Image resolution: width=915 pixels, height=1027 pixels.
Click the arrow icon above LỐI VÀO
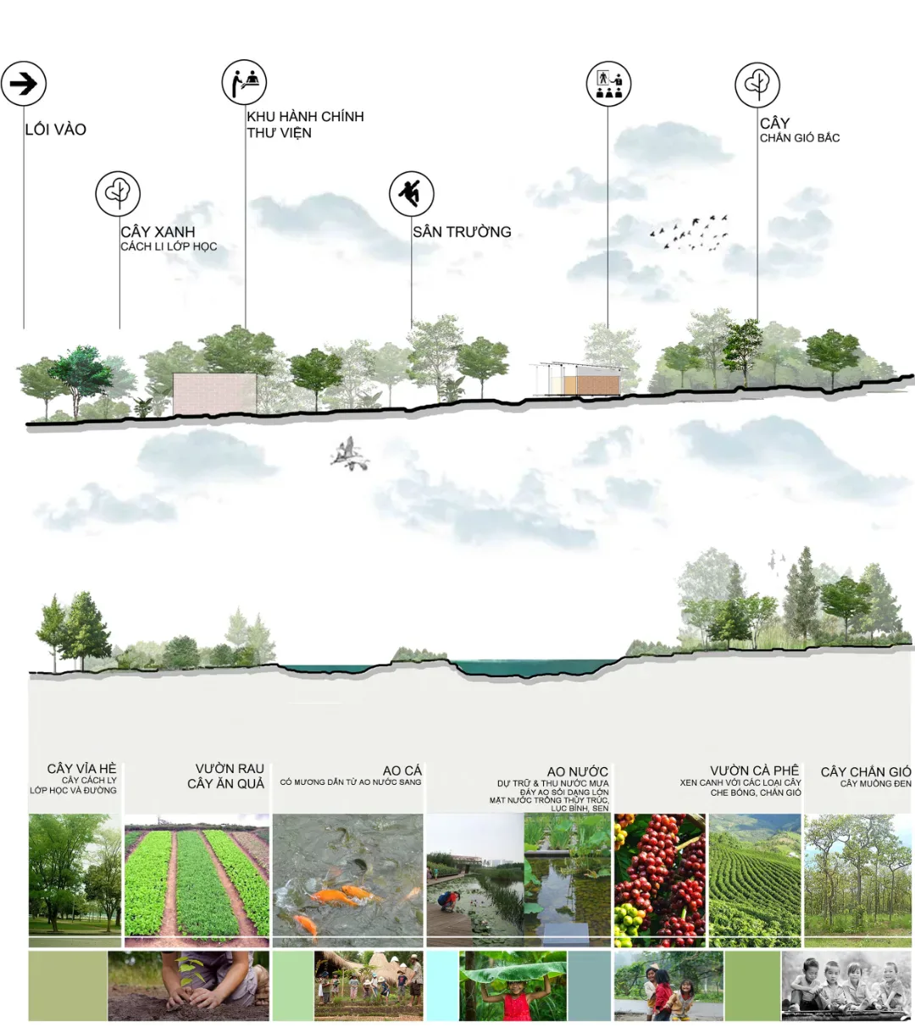click(24, 84)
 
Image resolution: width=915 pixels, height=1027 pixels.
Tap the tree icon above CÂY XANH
click(118, 194)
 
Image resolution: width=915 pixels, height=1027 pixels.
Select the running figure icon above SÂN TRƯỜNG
click(412, 194)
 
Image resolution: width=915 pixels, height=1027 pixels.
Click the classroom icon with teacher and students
click(608, 84)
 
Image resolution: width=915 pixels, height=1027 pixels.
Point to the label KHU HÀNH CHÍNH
click(305, 117)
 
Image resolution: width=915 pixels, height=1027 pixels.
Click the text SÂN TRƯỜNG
click(462, 232)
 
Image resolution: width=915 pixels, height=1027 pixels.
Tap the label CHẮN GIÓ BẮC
click(800, 138)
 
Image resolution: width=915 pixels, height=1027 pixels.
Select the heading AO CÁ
click(402, 770)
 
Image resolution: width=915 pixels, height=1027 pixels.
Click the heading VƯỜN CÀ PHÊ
click(754, 770)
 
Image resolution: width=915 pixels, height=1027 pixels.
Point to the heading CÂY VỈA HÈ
click(81, 769)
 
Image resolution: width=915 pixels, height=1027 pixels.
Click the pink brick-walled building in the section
click(214, 394)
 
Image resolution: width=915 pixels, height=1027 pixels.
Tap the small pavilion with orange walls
click(578, 379)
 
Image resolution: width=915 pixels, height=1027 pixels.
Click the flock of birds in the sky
click(690, 233)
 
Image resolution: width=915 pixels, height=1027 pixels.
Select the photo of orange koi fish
click(347, 879)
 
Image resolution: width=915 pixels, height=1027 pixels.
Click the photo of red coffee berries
click(659, 880)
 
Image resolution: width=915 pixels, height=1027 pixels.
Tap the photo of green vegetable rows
click(197, 880)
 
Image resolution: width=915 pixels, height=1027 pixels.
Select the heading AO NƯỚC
click(577, 771)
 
